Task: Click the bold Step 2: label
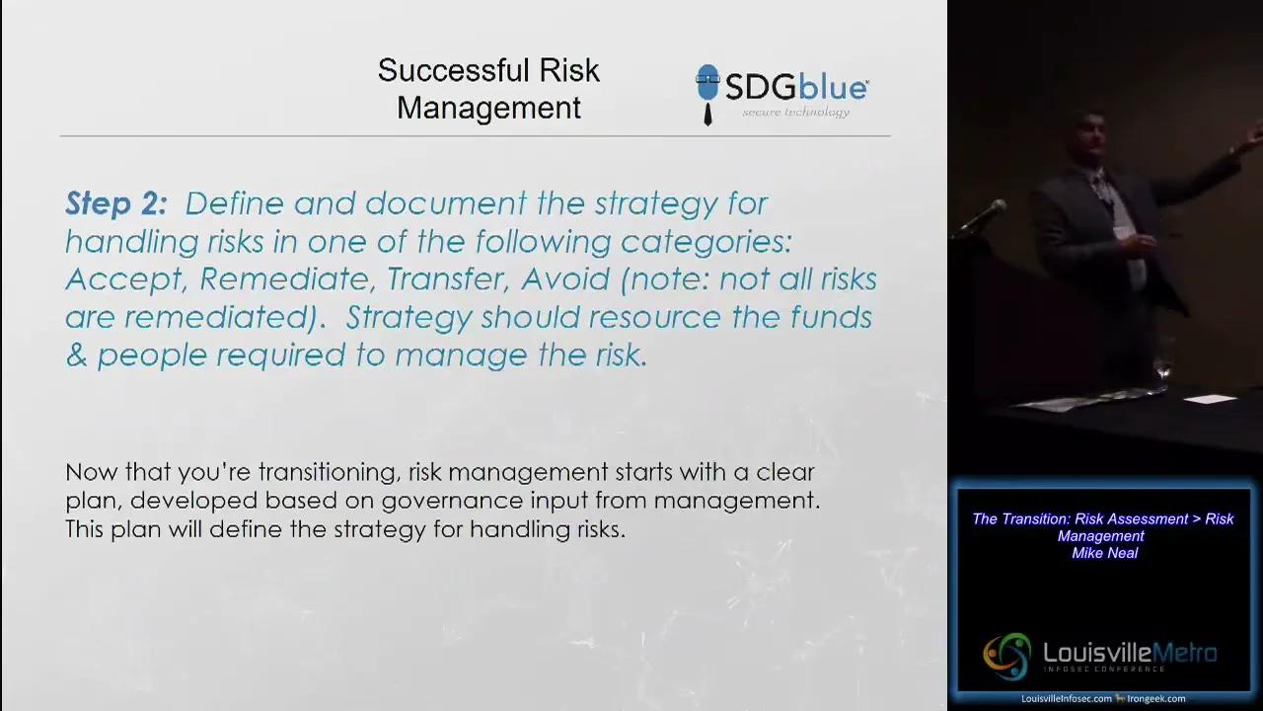pyautogui.click(x=116, y=203)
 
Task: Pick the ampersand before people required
pyautogui.click(x=75, y=355)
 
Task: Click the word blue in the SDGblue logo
pyautogui.click(x=833, y=88)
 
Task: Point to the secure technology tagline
pyautogui.click(x=795, y=113)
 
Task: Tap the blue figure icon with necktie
pyautogui.click(x=707, y=94)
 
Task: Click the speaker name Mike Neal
pyautogui.click(x=1104, y=553)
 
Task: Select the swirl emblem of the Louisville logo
pyautogui.click(x=1006, y=656)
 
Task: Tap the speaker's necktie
pyautogui.click(x=1101, y=187)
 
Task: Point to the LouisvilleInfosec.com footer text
pyautogui.click(x=1066, y=699)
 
